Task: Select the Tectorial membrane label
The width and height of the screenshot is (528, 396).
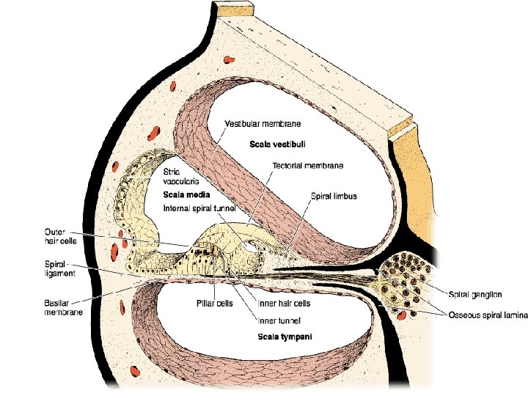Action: [x=307, y=166]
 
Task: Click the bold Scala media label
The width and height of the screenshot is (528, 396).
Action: [x=187, y=196]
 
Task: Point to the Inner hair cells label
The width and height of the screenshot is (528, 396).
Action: [x=284, y=303]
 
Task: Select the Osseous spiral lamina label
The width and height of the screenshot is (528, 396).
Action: [x=485, y=315]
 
